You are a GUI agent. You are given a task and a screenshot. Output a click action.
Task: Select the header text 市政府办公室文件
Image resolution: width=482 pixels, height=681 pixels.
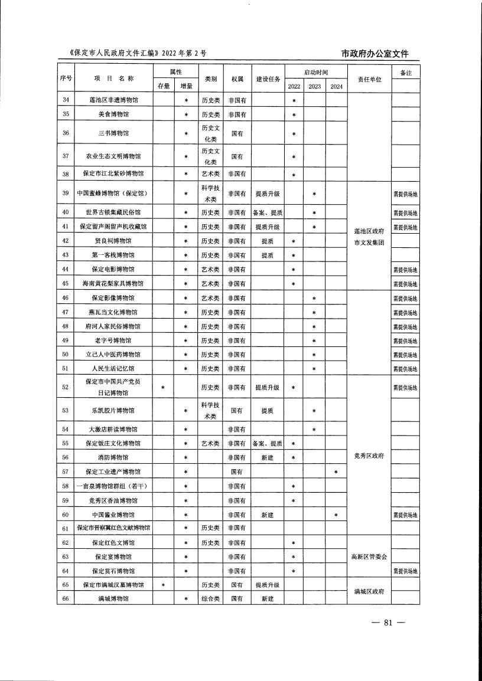[x=375, y=54]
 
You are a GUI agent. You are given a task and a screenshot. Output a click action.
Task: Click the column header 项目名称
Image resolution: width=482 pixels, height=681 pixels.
[x=114, y=79]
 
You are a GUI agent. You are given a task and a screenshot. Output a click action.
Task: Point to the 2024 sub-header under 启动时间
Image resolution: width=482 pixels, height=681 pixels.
[x=336, y=87]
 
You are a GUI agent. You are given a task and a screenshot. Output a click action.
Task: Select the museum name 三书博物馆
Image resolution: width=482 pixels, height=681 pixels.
[x=114, y=133]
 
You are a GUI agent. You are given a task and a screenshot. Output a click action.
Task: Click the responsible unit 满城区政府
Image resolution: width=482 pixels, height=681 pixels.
[x=368, y=592]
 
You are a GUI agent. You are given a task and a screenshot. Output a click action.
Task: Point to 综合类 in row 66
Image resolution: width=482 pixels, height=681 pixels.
[x=210, y=599]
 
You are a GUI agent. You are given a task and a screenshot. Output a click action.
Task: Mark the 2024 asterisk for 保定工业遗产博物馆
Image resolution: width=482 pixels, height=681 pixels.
[x=336, y=472]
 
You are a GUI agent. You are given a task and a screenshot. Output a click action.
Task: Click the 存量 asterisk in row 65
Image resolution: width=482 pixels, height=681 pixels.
[x=163, y=585]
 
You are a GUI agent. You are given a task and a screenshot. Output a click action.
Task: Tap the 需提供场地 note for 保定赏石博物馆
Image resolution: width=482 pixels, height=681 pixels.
[x=405, y=571]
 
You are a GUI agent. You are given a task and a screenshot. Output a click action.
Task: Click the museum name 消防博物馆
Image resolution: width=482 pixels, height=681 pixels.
[x=114, y=457]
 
